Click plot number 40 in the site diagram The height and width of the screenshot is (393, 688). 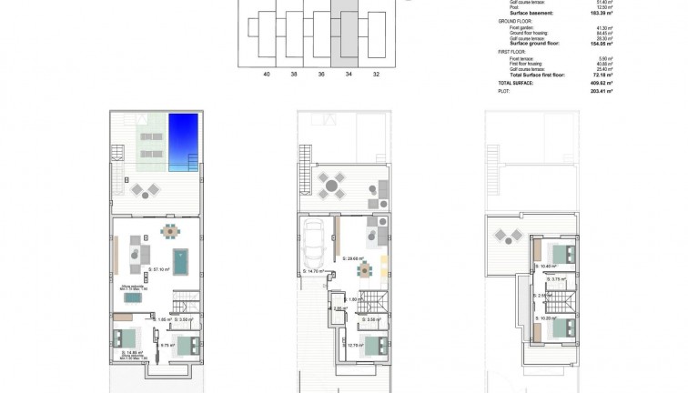coord(266,76)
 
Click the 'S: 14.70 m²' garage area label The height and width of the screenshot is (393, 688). coord(316,271)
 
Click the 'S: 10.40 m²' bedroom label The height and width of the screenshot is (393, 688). coord(547,267)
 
